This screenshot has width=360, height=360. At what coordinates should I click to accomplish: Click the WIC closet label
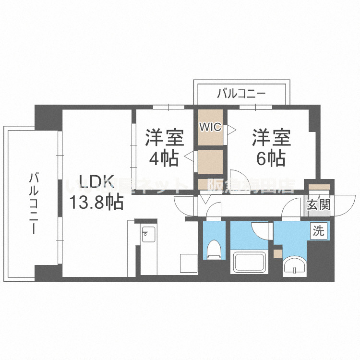coord(210,127)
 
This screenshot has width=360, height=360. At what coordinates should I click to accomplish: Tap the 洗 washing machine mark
coord(318,231)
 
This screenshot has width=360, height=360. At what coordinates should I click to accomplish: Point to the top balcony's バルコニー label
coord(241,94)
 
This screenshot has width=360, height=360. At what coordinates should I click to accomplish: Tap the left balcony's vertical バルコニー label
coord(34,204)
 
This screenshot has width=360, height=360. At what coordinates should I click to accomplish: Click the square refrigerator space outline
coord(188,264)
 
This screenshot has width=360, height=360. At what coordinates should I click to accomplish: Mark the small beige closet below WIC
coord(210,162)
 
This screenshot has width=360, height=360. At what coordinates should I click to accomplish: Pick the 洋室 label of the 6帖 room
coord(272,137)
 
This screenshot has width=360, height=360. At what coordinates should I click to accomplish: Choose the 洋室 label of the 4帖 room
coord(165,137)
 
